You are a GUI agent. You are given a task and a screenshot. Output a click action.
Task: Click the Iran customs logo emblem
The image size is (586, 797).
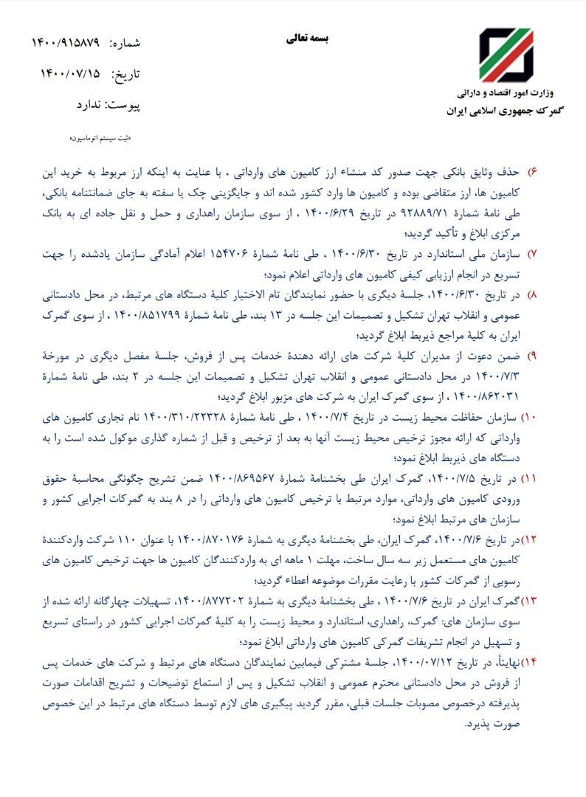point(506,56)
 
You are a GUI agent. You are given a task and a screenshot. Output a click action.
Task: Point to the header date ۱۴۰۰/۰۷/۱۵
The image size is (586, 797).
point(71,74)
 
